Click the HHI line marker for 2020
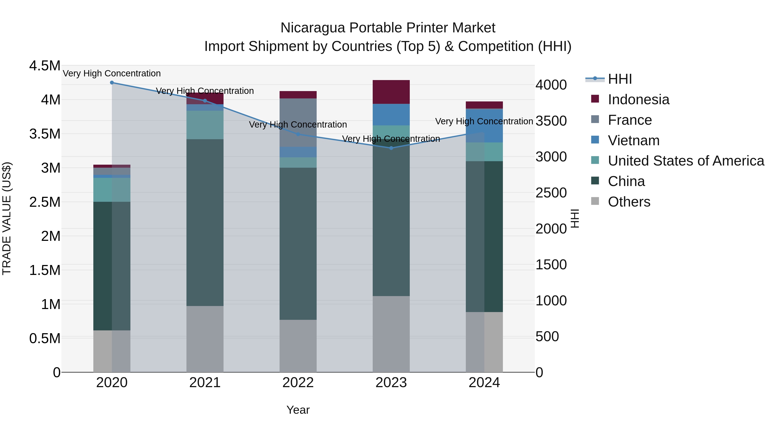(x=112, y=83)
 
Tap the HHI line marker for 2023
(x=391, y=148)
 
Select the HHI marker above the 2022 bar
(x=298, y=134)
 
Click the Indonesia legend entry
(x=638, y=99)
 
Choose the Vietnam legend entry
(x=634, y=140)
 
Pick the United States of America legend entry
(x=686, y=161)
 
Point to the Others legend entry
(x=629, y=202)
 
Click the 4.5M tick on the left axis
(x=45, y=66)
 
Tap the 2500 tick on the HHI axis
(x=551, y=193)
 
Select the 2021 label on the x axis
(x=205, y=383)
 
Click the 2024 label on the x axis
(x=484, y=383)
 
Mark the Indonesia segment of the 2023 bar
(x=391, y=92)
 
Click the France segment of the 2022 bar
(x=298, y=122)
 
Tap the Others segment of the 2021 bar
(x=205, y=339)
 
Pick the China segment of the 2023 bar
(x=391, y=217)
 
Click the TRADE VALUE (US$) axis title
(x=7, y=218)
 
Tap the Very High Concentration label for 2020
(x=112, y=73)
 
